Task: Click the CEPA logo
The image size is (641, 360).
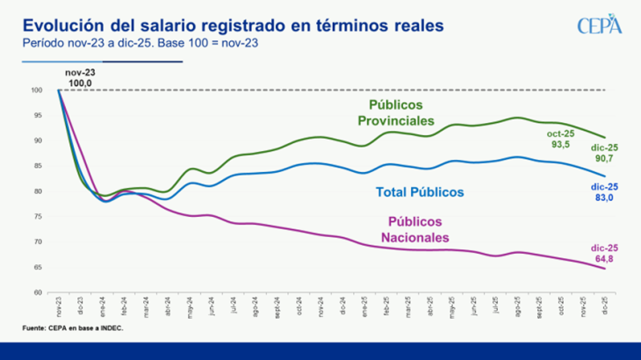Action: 599,25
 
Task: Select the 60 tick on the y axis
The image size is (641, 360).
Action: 38,292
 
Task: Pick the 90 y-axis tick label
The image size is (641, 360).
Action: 38,140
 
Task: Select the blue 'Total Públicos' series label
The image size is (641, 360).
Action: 420,191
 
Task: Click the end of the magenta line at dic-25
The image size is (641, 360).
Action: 604,269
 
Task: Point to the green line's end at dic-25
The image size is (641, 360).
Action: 604,137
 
